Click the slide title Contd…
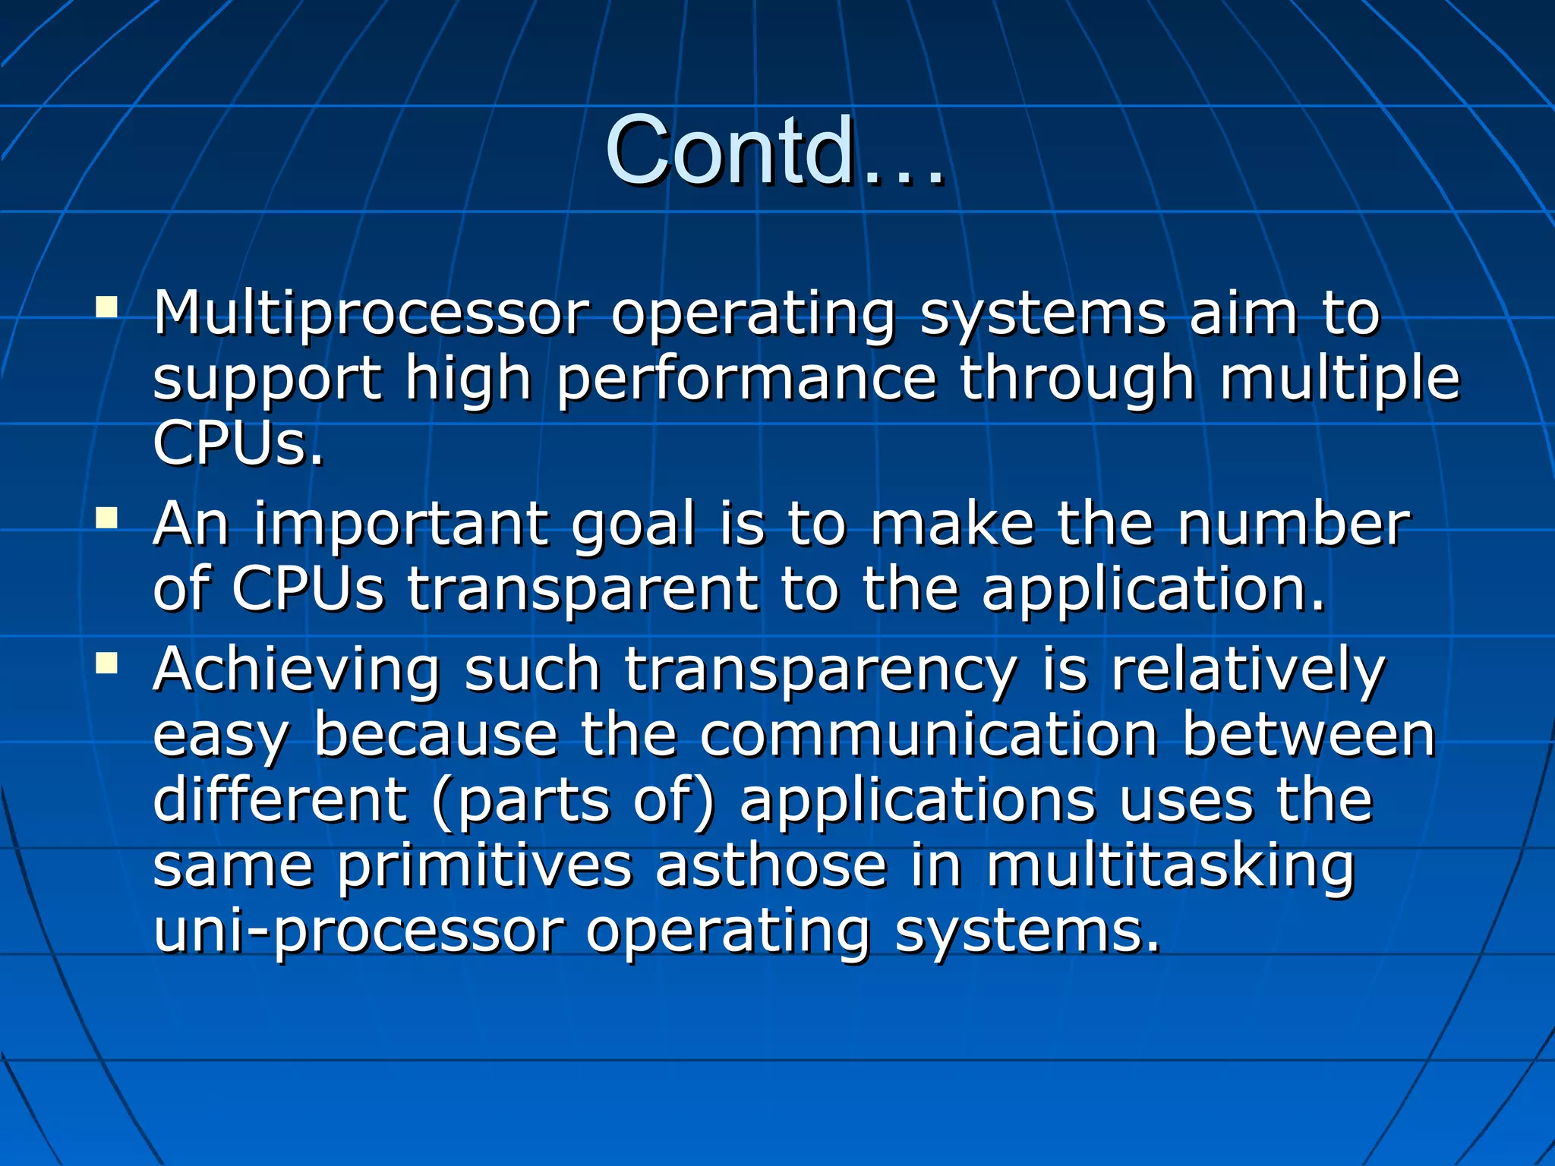(774, 152)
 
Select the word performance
(746, 379)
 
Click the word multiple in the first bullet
(1339, 379)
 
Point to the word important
(401, 525)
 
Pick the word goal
(632, 526)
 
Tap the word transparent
(582, 590)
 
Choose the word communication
(928, 735)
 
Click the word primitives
(484, 866)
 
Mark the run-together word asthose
(771, 866)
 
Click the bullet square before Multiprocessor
(107, 307)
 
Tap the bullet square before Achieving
(107, 664)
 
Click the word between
(1308, 735)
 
